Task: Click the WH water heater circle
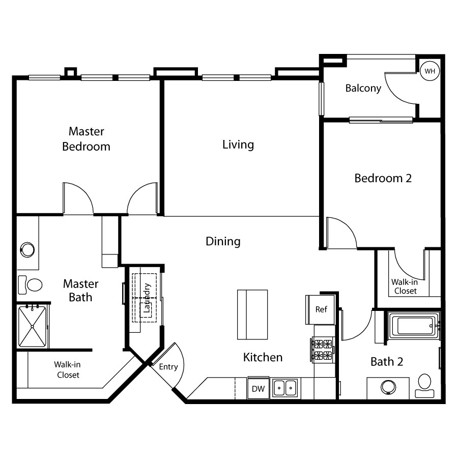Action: (x=430, y=71)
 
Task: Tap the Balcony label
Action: (x=363, y=88)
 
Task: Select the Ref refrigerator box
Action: (x=320, y=309)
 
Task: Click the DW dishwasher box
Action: (x=258, y=388)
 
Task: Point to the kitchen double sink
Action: (x=285, y=388)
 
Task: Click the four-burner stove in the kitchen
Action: (x=323, y=350)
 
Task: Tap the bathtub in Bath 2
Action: (x=414, y=326)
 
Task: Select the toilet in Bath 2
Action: (x=424, y=386)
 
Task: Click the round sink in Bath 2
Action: (x=388, y=387)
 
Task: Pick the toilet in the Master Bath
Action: (x=30, y=284)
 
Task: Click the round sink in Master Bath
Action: (x=27, y=250)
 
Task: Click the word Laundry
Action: (x=147, y=298)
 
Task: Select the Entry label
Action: (x=168, y=367)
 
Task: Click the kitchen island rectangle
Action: (x=252, y=314)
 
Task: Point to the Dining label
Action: (x=223, y=242)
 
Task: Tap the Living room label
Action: (x=238, y=145)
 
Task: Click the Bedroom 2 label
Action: (x=383, y=178)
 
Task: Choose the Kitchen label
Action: (x=263, y=357)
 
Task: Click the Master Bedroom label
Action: (x=87, y=139)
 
